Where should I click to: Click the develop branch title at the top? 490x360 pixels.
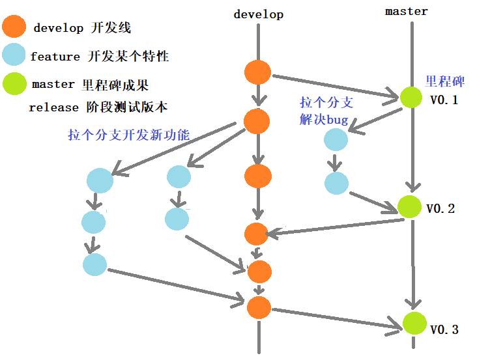click(258, 14)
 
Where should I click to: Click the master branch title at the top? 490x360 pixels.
click(407, 11)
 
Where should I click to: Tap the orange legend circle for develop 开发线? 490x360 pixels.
click(14, 27)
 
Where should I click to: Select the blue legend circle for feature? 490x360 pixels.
click(14, 55)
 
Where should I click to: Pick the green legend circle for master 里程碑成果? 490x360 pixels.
click(14, 84)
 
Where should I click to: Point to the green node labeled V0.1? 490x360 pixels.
click(411, 98)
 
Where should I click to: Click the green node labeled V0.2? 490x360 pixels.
click(410, 206)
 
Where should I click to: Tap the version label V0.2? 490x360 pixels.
click(440, 209)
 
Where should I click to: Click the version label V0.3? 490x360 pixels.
click(444, 329)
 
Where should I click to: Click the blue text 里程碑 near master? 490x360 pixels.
click(445, 81)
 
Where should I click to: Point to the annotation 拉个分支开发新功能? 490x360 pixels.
click(128, 135)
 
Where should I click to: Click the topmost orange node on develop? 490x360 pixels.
click(258, 72)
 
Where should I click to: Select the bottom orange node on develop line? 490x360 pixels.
click(259, 307)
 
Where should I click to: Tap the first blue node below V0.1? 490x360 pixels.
click(336, 139)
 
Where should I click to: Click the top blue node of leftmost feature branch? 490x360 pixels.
click(100, 180)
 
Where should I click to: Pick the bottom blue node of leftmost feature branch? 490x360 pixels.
click(95, 264)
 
